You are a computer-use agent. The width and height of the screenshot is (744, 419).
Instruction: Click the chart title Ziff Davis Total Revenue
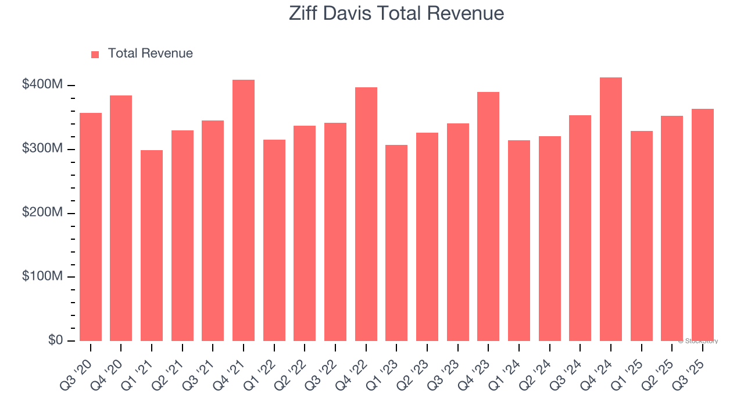click(396, 13)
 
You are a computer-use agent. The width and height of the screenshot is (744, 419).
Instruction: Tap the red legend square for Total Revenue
click(95, 54)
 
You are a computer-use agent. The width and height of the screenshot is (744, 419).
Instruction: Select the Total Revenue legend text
click(150, 54)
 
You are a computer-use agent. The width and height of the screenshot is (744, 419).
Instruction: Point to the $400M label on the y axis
click(42, 85)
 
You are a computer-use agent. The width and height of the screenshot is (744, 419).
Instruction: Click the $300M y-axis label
click(42, 149)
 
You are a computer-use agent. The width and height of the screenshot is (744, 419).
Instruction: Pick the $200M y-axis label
click(42, 213)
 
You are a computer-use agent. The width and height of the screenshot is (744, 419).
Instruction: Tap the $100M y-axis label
click(42, 276)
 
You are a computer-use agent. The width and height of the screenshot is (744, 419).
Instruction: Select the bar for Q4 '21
click(244, 210)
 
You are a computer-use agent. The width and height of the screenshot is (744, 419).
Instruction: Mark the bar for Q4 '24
click(611, 209)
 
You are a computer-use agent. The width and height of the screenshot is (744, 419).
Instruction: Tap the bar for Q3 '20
click(91, 227)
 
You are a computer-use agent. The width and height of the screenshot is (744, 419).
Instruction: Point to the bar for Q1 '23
click(396, 243)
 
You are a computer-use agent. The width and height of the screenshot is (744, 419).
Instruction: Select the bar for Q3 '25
click(703, 225)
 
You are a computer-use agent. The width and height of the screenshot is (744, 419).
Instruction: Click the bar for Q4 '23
click(488, 216)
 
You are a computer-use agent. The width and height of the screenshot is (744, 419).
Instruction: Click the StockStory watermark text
click(698, 341)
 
